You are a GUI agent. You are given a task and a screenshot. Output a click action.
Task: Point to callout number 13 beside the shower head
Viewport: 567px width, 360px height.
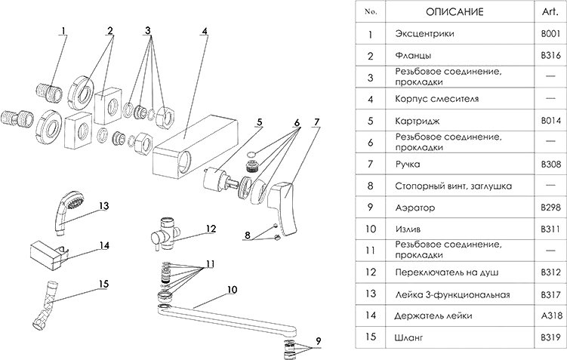tap(104, 205)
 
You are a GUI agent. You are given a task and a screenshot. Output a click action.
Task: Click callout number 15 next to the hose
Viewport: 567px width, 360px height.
tap(104, 284)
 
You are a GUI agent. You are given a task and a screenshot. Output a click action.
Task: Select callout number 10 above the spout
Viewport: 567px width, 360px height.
tap(231, 289)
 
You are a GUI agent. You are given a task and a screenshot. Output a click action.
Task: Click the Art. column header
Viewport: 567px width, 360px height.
tap(546, 12)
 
